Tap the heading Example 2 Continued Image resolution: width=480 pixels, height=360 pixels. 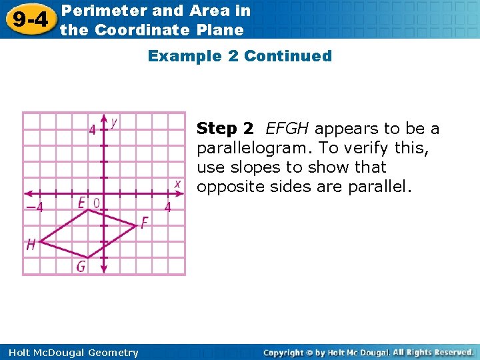(x=239, y=56)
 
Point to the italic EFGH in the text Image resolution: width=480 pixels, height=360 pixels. (x=289, y=128)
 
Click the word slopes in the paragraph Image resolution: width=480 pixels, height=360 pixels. (x=253, y=167)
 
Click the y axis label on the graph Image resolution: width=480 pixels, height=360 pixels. (x=115, y=122)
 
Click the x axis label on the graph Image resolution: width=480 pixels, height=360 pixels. (x=177, y=183)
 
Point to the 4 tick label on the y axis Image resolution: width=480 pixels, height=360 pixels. (x=93, y=129)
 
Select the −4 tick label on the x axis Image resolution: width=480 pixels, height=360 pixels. (x=34, y=207)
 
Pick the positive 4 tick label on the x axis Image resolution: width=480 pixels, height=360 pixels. (x=167, y=207)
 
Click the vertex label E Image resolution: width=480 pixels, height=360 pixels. (x=81, y=202)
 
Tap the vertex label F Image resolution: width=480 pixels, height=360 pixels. (x=144, y=223)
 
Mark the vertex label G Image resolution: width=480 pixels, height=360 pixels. (x=81, y=267)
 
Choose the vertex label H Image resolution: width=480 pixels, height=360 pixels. (x=31, y=245)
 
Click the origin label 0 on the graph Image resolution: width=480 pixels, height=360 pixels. (x=96, y=202)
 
